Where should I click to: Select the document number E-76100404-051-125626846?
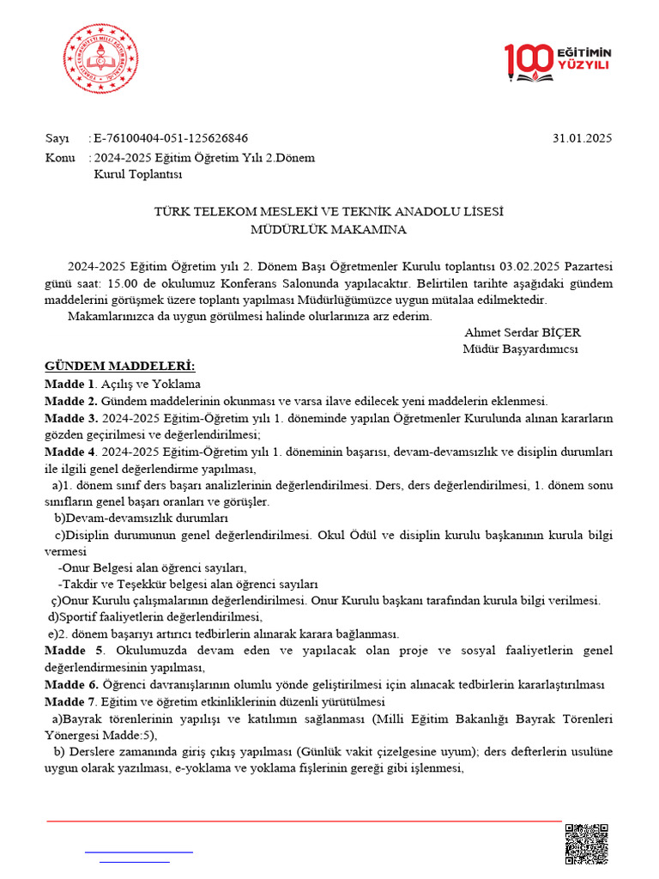pos(171,139)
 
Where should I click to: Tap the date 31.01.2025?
pos(583,139)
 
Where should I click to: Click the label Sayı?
pos(57,139)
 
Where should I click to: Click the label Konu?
pos(59,157)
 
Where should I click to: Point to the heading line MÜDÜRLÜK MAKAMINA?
pos(329,229)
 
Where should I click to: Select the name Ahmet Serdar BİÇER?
pos(522,332)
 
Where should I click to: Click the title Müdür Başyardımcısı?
pos(521,349)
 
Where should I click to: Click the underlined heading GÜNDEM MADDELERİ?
pos(120,367)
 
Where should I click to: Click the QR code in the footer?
pos(587,845)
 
